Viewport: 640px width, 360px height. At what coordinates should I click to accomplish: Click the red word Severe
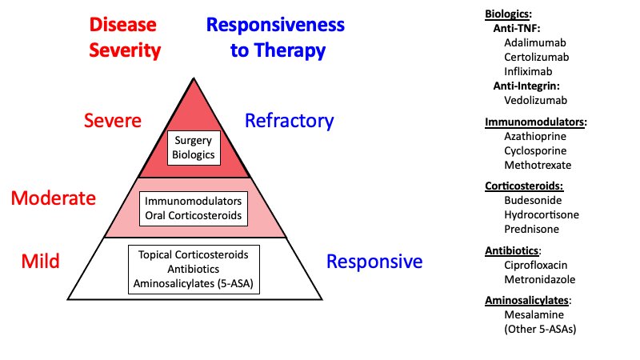tap(113, 121)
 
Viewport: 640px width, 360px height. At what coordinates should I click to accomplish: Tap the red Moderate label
tap(54, 198)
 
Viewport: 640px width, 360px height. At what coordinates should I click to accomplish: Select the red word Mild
tap(41, 262)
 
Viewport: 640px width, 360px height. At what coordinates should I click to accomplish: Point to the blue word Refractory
tap(290, 121)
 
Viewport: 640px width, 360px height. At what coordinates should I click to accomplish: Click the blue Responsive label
tap(374, 262)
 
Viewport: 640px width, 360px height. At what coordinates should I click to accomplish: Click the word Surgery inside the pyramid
tap(194, 141)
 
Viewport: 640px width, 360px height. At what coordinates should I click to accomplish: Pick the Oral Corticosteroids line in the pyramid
tap(194, 215)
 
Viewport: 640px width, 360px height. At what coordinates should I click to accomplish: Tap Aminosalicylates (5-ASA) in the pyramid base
tap(194, 284)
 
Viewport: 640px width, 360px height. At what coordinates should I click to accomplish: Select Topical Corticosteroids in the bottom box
tap(194, 254)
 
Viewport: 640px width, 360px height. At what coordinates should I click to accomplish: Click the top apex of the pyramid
tap(194, 78)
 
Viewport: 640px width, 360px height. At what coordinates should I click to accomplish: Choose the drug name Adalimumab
tap(535, 43)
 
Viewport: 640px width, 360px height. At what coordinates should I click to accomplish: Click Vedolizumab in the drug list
tap(535, 101)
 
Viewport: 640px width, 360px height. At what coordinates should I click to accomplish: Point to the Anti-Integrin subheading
tap(526, 86)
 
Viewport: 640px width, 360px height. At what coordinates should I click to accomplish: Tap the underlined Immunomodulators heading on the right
tap(536, 122)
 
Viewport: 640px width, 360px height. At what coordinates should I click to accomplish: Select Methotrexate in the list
tap(538, 166)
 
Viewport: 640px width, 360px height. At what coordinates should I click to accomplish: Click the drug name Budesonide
tap(533, 201)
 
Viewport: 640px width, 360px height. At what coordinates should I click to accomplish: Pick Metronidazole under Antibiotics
tap(539, 279)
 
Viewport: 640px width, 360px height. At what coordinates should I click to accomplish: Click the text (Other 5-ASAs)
tap(540, 330)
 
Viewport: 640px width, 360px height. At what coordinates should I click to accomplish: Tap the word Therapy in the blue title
tap(290, 50)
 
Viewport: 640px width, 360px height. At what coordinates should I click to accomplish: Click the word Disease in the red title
tap(123, 25)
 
